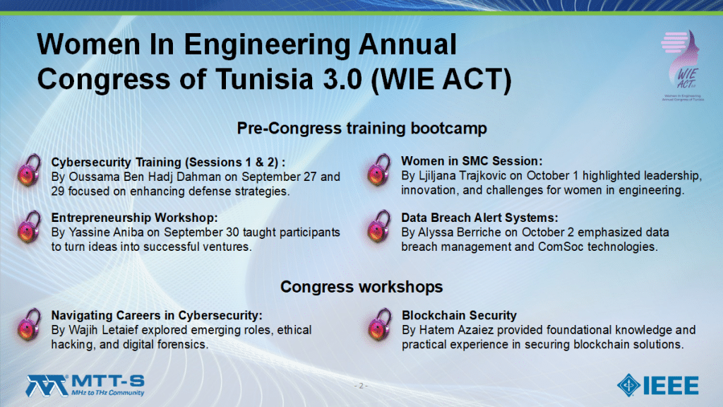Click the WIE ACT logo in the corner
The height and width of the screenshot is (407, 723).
[682, 65]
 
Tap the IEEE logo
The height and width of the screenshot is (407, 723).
[658, 385]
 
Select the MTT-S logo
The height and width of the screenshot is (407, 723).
[85, 386]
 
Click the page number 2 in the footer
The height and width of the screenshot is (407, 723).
[361, 386]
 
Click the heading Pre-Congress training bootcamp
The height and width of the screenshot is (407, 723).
[362, 129]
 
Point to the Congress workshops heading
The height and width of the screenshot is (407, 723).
[361, 287]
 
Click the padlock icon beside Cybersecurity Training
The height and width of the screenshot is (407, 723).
[30, 170]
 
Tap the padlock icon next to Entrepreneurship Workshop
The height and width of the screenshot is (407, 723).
[30, 227]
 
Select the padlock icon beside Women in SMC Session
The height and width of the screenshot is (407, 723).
[379, 170]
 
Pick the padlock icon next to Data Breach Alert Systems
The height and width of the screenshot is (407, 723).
[379, 227]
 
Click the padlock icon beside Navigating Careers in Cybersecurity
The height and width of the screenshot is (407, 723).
[30, 325]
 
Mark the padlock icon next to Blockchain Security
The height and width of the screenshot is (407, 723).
[380, 325]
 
